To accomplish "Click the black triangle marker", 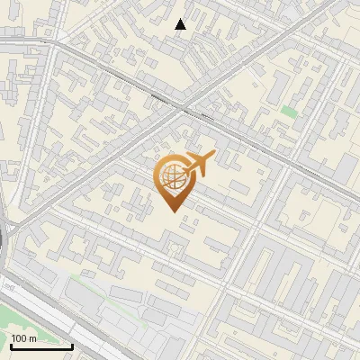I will [181, 24].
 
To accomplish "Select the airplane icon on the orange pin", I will [195, 166].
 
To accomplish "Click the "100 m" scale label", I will [23, 338].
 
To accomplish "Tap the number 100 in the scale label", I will [19, 338].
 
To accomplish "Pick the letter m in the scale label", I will [32, 338].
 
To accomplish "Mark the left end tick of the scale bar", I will [11, 345].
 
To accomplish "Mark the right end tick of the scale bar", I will [72, 345].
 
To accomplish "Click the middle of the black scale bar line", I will [41, 346].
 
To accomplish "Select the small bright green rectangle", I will [288, 112].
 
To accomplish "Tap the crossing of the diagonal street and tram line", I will [184, 110].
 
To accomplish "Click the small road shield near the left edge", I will [9, 286].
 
